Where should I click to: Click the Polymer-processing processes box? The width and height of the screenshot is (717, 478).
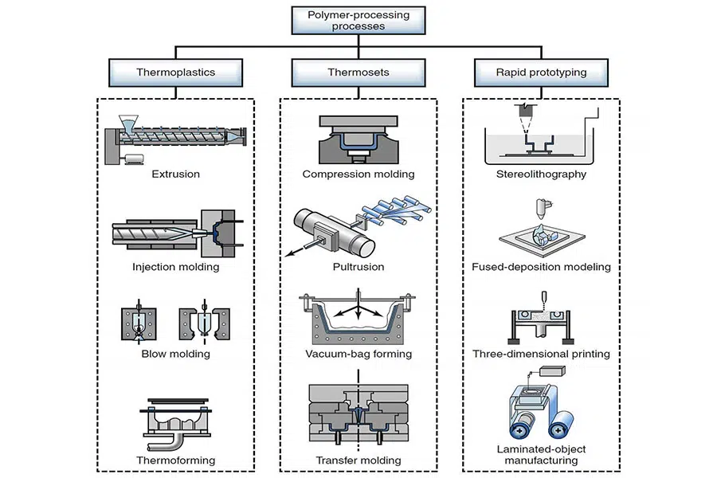[358, 20]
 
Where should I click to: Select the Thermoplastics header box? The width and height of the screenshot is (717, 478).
[175, 72]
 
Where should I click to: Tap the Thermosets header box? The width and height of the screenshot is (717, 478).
[358, 72]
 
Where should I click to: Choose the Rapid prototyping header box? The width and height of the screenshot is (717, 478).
[541, 72]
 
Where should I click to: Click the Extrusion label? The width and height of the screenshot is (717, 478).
[175, 173]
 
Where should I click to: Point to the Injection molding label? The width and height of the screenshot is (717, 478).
[175, 267]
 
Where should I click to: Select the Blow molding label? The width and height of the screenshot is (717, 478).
[175, 354]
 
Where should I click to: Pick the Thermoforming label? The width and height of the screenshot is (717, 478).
[175, 460]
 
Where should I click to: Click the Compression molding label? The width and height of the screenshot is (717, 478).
[358, 174]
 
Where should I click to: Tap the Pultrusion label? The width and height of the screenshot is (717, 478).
[358, 267]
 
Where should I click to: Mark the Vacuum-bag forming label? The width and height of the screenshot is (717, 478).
[358, 354]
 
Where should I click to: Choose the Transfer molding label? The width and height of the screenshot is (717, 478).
[358, 460]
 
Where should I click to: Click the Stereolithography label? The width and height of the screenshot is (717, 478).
[541, 174]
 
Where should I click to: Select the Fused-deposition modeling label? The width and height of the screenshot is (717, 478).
[541, 267]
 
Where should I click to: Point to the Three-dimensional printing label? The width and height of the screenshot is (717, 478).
[541, 354]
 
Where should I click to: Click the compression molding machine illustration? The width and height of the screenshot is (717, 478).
[358, 140]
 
